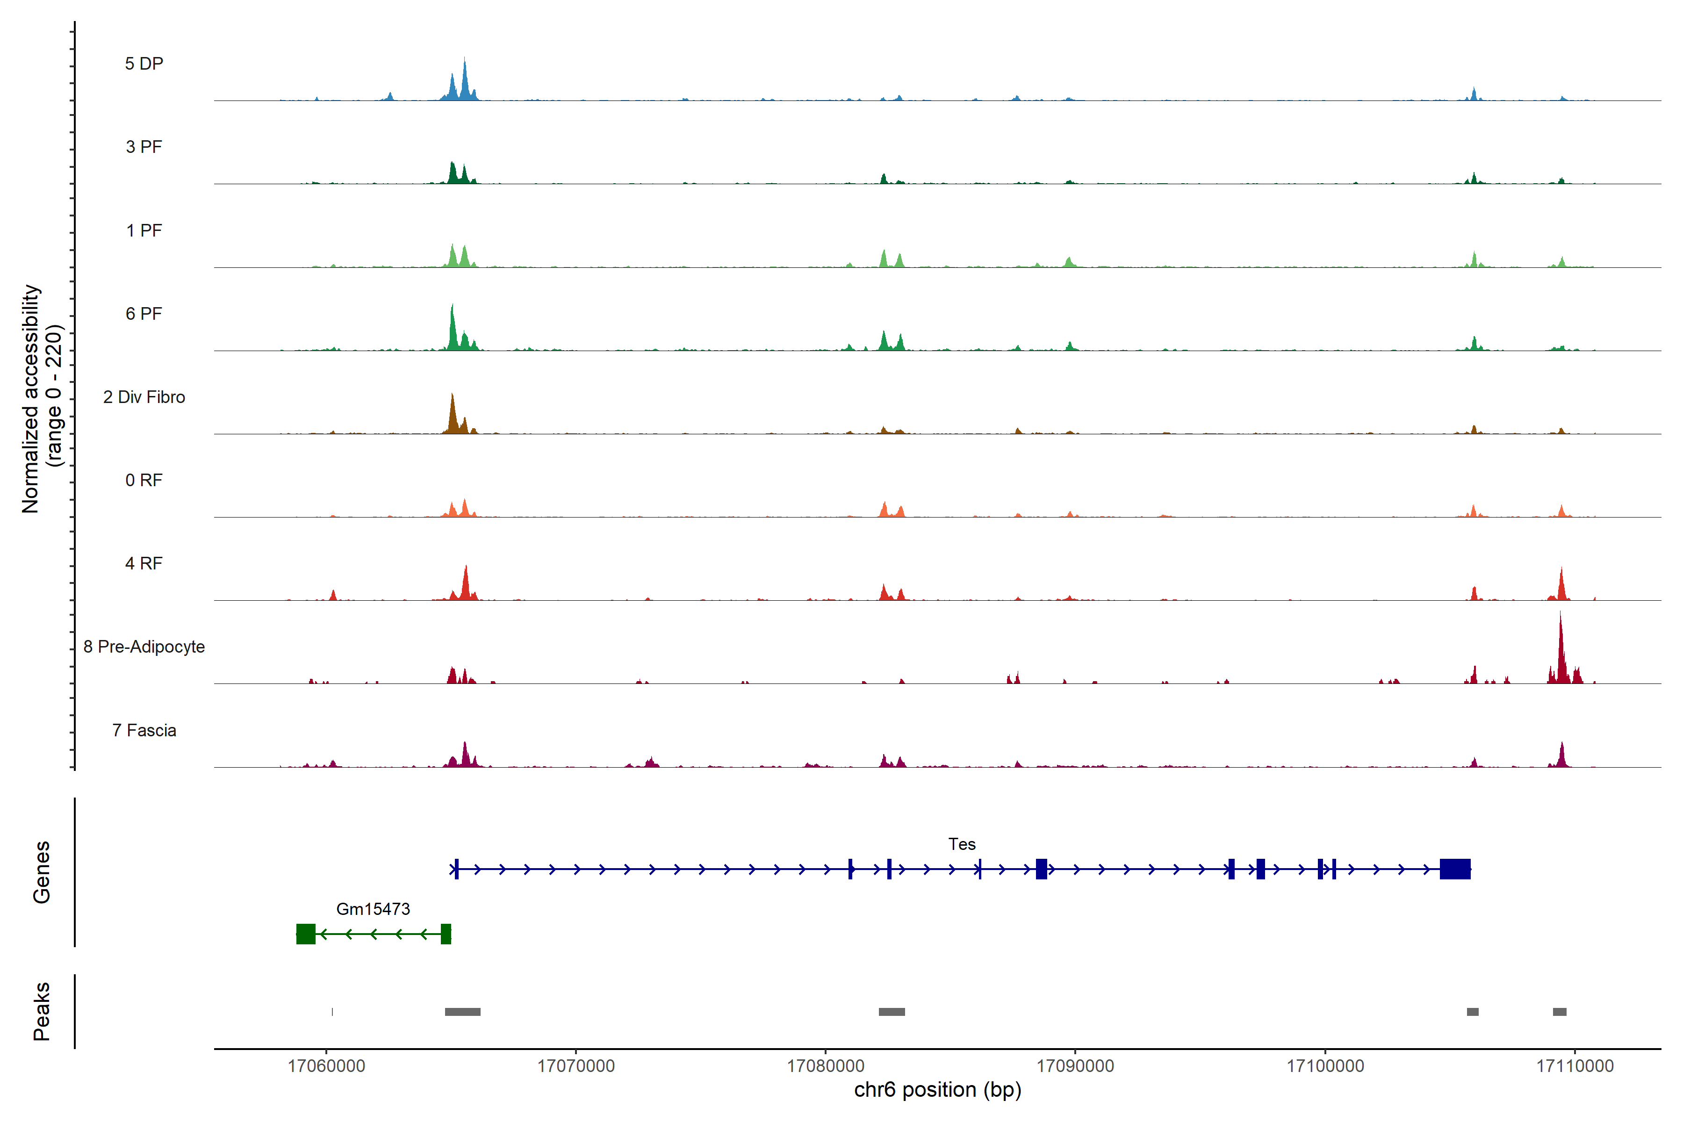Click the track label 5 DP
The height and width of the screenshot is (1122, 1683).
click(144, 64)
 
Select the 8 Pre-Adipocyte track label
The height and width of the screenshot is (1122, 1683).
click(144, 647)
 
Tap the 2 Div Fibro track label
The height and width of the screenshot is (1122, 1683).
click(144, 397)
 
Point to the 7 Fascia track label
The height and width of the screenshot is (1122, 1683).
click(144, 731)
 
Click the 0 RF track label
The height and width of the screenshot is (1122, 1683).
click(144, 480)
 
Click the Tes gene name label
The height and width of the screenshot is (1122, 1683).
click(962, 844)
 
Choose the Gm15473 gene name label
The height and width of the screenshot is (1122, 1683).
click(373, 909)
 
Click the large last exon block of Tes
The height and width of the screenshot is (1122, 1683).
click(1455, 869)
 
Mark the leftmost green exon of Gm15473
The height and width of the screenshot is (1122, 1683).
click(306, 934)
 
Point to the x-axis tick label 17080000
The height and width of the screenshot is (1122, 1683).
click(825, 1066)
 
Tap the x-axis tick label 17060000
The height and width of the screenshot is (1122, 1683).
click(326, 1066)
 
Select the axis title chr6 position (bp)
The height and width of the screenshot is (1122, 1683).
click(937, 1090)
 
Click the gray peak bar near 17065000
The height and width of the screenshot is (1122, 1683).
click(462, 1012)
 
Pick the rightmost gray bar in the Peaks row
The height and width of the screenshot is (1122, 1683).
click(1559, 1012)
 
